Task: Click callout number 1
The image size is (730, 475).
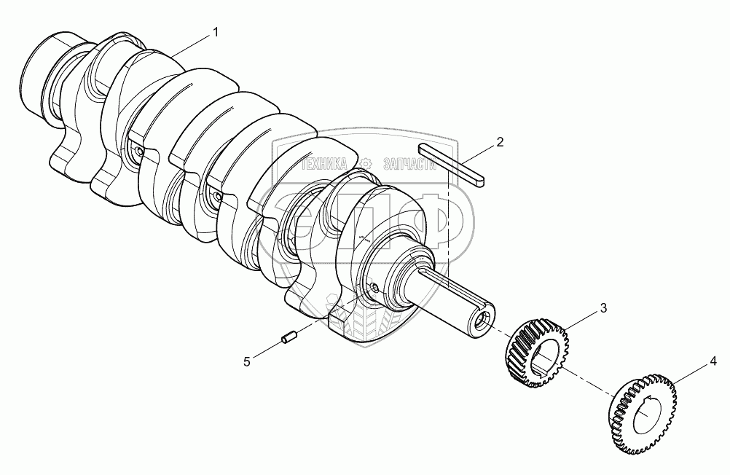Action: click(x=215, y=32)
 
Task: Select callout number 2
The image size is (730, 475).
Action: click(x=500, y=142)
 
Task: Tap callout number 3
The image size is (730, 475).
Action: click(x=603, y=308)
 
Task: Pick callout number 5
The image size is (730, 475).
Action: click(x=247, y=361)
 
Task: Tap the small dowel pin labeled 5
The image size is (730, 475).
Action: click(x=289, y=337)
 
